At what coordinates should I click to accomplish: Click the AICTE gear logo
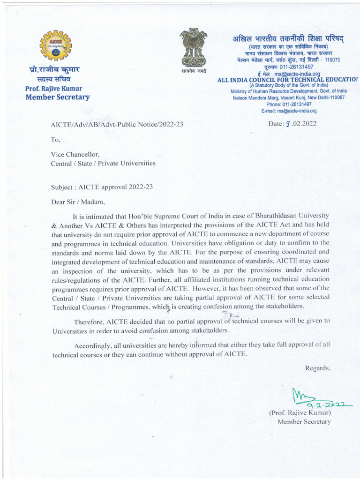(x=56, y=45)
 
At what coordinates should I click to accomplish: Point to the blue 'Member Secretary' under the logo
(x=57, y=97)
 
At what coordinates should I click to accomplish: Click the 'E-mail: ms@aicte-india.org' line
(x=289, y=111)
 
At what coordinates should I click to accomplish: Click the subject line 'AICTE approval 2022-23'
(x=102, y=187)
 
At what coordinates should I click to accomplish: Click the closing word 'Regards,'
(x=318, y=368)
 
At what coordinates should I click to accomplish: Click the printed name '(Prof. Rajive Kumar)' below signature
(x=300, y=413)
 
